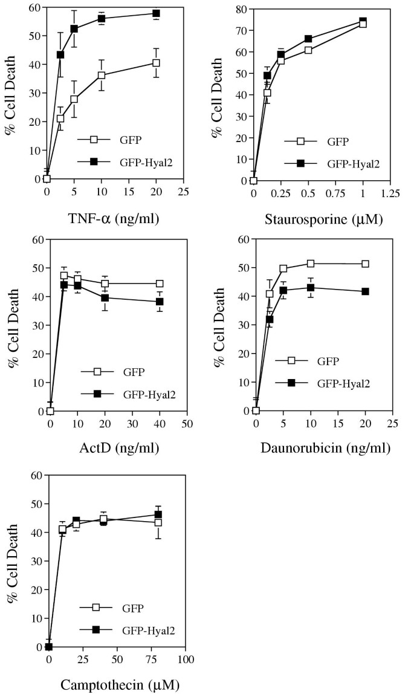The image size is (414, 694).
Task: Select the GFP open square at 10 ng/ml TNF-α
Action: click(x=102, y=76)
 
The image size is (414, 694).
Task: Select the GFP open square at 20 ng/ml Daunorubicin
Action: click(x=365, y=264)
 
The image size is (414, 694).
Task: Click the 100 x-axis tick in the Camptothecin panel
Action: click(x=186, y=658)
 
